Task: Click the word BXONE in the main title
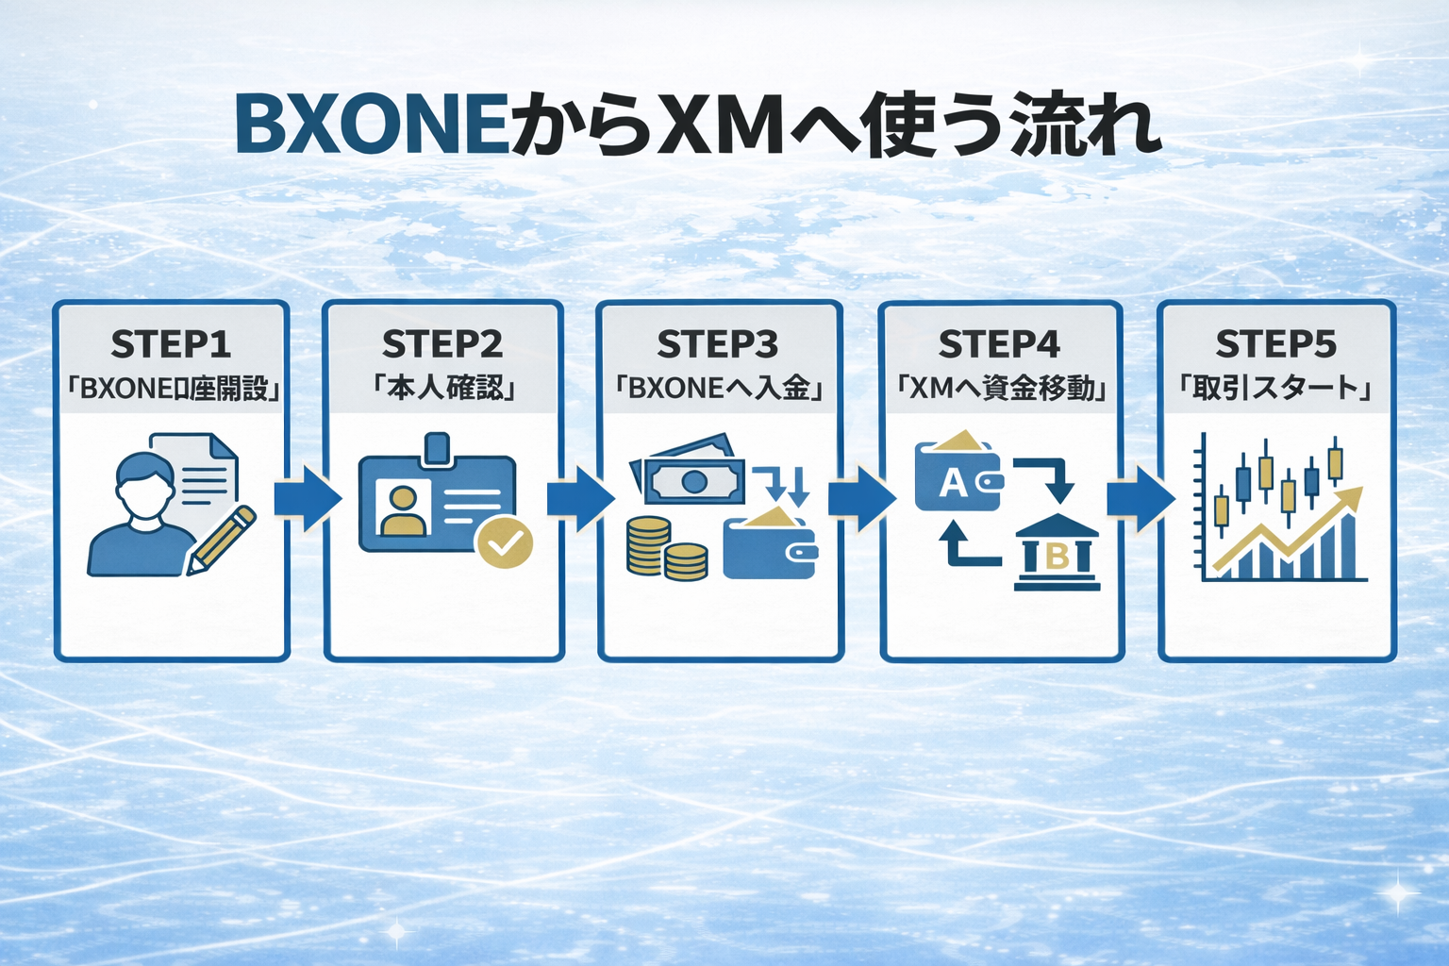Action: point(373,124)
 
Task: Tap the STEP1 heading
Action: point(171,344)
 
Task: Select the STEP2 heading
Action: point(442,344)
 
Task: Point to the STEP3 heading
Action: point(718,344)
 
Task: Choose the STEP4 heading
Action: point(999,344)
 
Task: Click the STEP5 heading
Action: point(1275,344)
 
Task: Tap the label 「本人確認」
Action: point(443,388)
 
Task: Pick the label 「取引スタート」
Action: point(1275,388)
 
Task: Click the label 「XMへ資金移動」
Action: point(1000,388)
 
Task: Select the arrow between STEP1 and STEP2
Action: point(307,498)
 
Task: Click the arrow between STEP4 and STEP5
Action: point(1140,498)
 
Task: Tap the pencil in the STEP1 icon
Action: point(222,540)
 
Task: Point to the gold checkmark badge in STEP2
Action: point(505,541)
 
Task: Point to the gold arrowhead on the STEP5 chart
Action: point(1351,496)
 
